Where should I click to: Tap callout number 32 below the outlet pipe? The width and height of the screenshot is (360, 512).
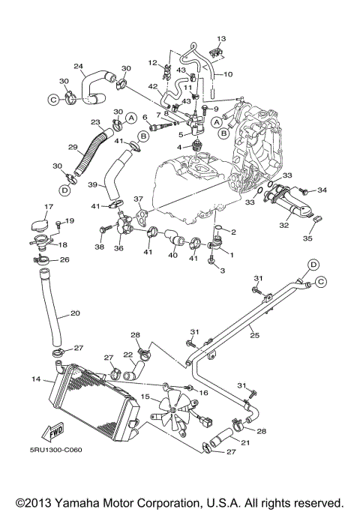point(283,224)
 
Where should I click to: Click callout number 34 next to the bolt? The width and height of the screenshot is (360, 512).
point(335,190)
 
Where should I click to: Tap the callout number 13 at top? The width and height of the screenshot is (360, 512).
point(220,37)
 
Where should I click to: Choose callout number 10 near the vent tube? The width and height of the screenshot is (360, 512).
point(228,74)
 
